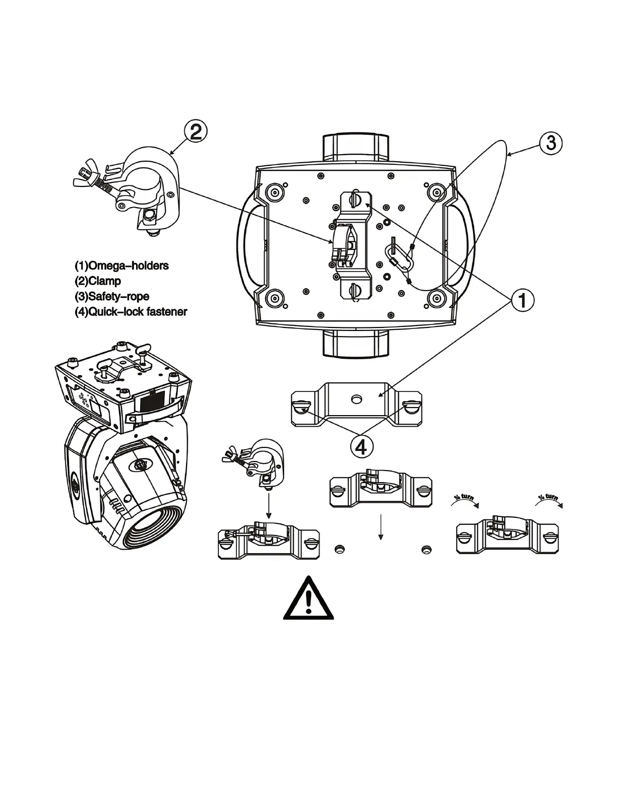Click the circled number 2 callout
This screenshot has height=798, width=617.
click(x=196, y=132)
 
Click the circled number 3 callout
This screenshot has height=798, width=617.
click(x=551, y=143)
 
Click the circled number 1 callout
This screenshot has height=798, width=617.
click(x=523, y=301)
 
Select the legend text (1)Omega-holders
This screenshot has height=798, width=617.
click(x=121, y=265)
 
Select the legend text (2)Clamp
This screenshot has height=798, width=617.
click(x=98, y=281)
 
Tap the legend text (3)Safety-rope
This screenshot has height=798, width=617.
click(x=112, y=297)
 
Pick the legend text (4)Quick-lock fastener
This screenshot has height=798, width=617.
click(x=131, y=312)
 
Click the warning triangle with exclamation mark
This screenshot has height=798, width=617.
click(x=308, y=599)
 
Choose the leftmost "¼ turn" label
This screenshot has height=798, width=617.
click(x=463, y=499)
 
